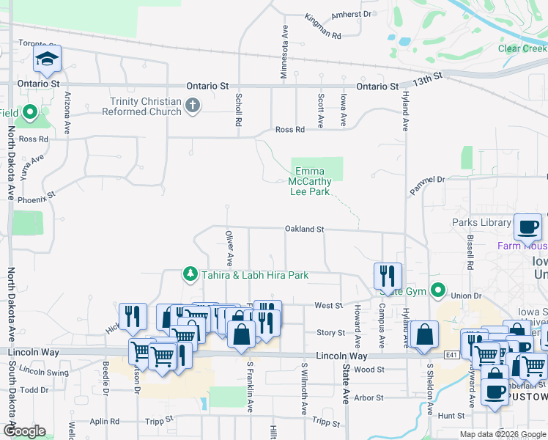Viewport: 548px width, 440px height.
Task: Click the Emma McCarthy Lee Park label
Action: [x=308, y=181]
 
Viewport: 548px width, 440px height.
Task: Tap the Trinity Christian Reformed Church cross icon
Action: [x=193, y=106]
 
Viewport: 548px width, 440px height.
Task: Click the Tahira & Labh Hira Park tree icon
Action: [x=190, y=274]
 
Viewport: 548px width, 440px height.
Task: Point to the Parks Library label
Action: [x=481, y=222]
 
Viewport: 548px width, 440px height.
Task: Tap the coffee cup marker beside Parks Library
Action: [x=527, y=228]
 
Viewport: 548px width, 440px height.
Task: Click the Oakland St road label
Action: [x=304, y=230]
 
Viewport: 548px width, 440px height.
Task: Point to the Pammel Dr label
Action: [x=427, y=185]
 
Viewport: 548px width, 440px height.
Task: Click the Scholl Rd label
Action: [x=238, y=110]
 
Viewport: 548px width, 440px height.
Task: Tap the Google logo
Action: [x=24, y=430]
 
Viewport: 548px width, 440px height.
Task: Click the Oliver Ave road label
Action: [x=229, y=249]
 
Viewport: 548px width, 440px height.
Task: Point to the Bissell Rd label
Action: [x=470, y=252]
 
